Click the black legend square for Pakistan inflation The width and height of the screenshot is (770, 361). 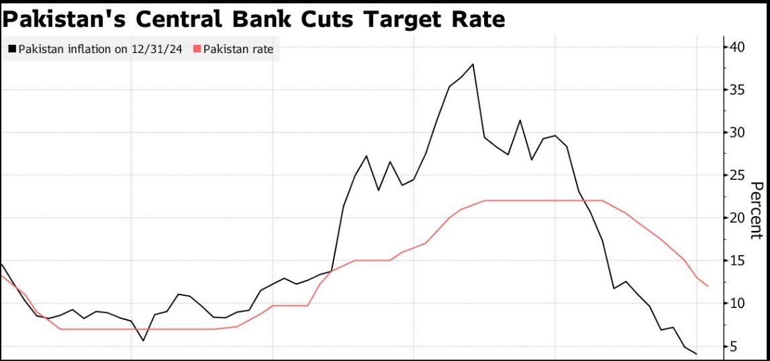click(12, 49)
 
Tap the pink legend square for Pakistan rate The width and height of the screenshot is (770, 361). click(197, 49)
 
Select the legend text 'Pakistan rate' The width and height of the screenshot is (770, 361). click(238, 49)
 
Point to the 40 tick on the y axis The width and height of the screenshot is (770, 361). click(738, 46)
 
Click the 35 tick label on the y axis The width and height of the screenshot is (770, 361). click(738, 89)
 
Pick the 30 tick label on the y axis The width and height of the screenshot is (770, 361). click(738, 132)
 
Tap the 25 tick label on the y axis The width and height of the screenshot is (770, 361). click(738, 175)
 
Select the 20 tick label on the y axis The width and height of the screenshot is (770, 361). click(738, 217)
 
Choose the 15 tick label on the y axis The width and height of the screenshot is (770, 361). click(738, 260)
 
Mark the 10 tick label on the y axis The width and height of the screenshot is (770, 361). click(738, 303)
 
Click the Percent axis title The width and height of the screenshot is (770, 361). click(756, 209)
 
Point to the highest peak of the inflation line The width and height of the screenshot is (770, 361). click(473, 64)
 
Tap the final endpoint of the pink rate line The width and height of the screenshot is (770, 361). click(708, 286)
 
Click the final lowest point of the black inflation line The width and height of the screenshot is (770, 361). click(696, 354)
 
